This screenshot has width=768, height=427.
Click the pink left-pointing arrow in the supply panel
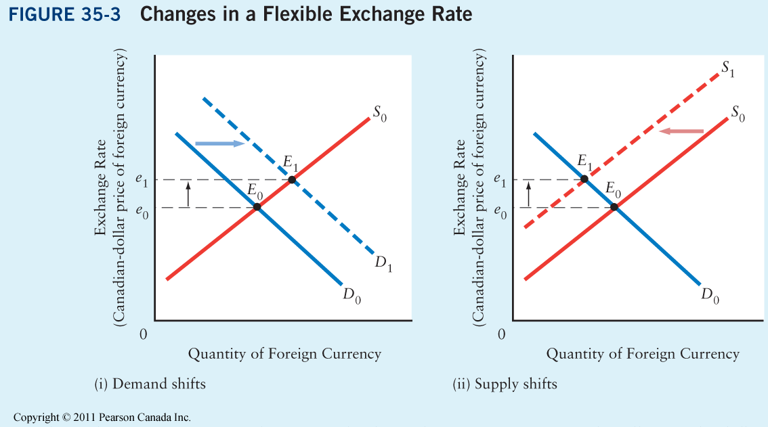(x=681, y=131)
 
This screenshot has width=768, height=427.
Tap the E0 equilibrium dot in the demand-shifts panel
(x=257, y=207)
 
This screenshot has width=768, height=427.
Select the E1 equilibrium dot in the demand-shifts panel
(x=292, y=179)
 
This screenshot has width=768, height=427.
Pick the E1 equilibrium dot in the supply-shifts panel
(x=584, y=179)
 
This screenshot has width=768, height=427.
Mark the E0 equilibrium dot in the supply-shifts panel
(x=614, y=206)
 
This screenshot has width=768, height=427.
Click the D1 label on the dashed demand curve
(x=383, y=265)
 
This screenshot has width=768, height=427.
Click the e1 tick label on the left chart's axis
(x=141, y=181)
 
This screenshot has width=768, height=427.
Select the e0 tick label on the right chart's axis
(x=500, y=211)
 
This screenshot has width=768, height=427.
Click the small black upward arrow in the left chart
(x=189, y=194)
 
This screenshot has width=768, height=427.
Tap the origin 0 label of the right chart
(x=501, y=334)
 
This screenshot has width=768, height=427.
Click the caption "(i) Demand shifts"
(x=150, y=384)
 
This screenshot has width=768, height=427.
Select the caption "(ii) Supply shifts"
(x=505, y=384)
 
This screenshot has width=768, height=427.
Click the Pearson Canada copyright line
(x=102, y=418)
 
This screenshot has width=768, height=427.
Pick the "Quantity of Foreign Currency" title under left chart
(x=284, y=354)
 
